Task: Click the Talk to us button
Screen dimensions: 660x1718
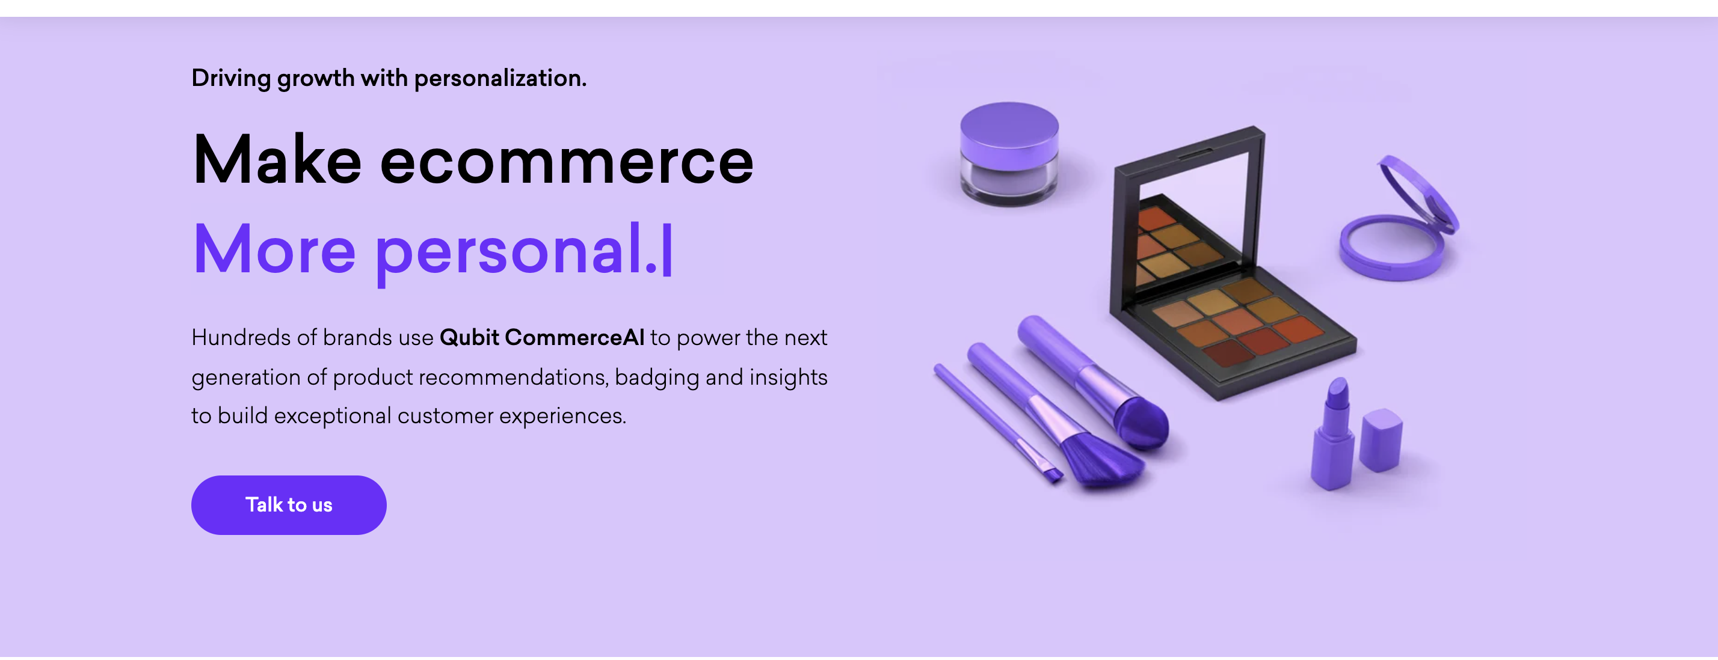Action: pyautogui.click(x=288, y=505)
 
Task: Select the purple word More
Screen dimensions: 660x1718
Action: pyautogui.click(x=274, y=250)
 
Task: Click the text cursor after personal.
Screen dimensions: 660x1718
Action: pyautogui.click(x=667, y=250)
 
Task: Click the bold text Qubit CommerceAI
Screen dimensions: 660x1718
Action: pyautogui.click(x=541, y=337)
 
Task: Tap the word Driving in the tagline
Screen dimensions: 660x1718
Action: pyautogui.click(x=231, y=78)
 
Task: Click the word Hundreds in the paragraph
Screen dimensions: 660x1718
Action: pyautogui.click(x=240, y=337)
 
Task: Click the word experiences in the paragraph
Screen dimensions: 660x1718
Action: pyautogui.click(x=562, y=416)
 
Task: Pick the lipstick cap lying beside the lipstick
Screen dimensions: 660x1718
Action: pyautogui.click(x=1381, y=440)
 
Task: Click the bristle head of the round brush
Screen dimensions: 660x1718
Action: pyautogui.click(x=1142, y=423)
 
